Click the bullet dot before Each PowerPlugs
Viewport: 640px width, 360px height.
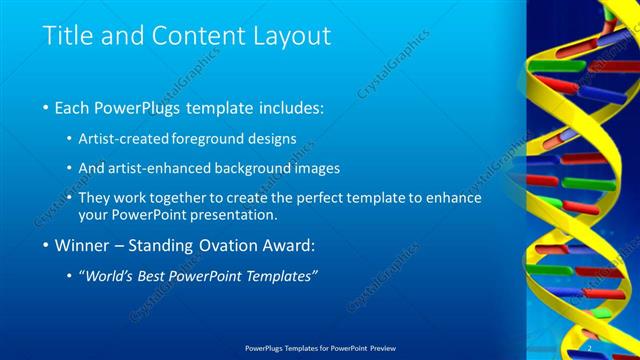click(48, 107)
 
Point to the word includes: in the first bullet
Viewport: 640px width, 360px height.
click(291, 107)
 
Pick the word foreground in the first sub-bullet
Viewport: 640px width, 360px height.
click(212, 138)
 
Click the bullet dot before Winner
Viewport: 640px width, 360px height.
click(48, 245)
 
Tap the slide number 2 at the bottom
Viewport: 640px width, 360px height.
click(590, 348)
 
